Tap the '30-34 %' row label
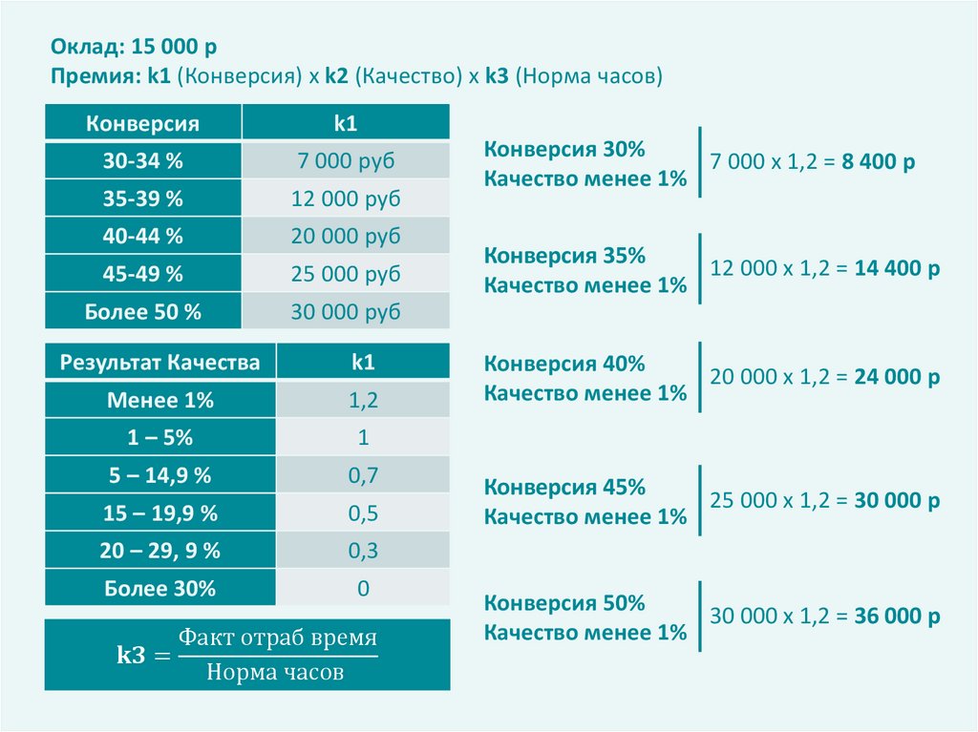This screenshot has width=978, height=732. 142,161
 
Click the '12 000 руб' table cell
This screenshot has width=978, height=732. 346,199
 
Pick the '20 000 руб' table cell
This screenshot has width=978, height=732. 346,237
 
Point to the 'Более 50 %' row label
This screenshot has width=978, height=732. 142,312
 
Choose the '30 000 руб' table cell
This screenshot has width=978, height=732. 346,312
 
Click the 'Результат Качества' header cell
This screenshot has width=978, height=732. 159,363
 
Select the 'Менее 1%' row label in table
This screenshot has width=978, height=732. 159,401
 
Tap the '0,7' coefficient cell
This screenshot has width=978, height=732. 363,475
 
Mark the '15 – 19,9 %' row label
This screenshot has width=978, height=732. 159,513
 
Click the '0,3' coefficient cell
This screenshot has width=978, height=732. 363,551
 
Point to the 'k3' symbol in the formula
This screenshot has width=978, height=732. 131,656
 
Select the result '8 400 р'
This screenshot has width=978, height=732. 879,162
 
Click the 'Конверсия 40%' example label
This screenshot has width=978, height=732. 564,364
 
